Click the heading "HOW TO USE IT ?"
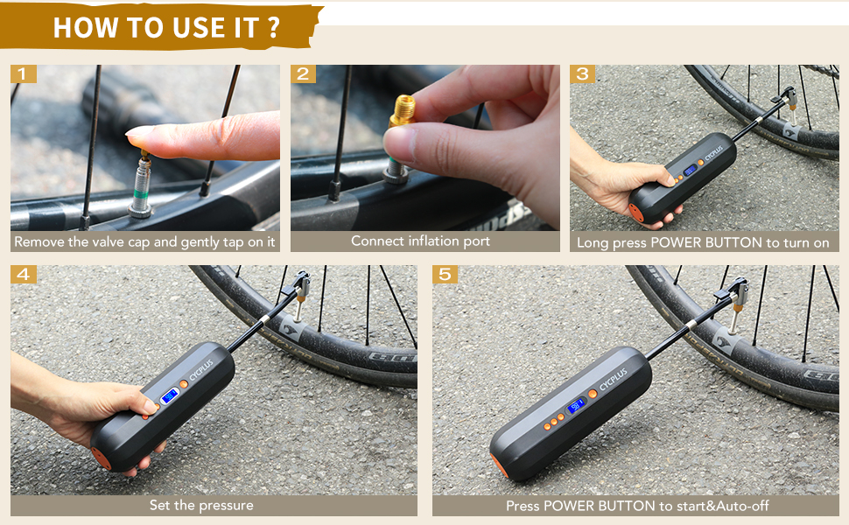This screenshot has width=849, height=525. [166, 26]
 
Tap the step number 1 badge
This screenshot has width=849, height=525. [24, 74]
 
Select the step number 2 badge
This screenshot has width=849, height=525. [304, 74]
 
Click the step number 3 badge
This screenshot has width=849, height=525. [583, 74]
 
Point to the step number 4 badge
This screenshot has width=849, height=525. [24, 275]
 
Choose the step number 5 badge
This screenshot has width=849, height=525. [446, 275]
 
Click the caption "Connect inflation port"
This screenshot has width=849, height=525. [420, 241]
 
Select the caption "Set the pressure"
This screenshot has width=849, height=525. [200, 505]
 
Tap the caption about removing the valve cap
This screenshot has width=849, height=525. [144, 241]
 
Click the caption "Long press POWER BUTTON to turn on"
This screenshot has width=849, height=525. [703, 242]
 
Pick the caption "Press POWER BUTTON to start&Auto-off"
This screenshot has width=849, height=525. [637, 506]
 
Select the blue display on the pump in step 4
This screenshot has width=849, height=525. [169, 396]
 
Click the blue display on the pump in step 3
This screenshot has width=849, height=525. [690, 170]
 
